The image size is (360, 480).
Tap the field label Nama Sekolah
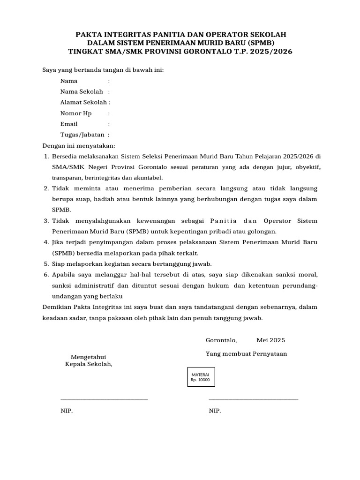pos(81,91)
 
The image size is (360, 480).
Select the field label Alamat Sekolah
pos(83,102)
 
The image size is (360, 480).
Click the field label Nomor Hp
pos(76,113)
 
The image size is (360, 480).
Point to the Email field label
pos(69,124)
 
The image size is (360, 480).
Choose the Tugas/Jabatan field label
pos(82,135)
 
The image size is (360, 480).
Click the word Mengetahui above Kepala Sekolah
pos(88,357)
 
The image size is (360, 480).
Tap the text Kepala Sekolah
pos(89,364)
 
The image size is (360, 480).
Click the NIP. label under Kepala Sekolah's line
pos(67,411)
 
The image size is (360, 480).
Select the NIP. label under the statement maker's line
pos(215,411)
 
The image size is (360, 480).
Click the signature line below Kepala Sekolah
pos(104,399)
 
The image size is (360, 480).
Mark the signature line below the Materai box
pos(253,399)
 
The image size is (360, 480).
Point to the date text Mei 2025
pos(270,340)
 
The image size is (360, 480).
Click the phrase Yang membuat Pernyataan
pos(246,354)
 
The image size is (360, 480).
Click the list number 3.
pos(46,221)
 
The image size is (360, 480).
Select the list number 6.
pos(46,274)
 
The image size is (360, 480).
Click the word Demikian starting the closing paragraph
pos(57,307)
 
